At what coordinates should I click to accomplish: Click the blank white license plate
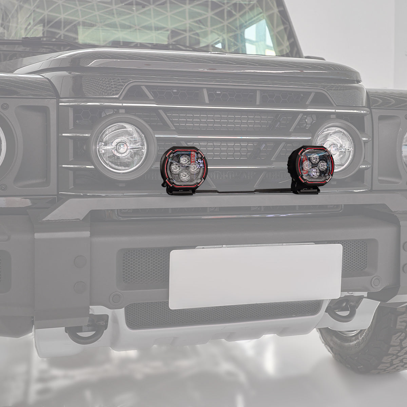coord(255,276)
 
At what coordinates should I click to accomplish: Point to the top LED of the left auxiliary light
coord(185,159)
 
